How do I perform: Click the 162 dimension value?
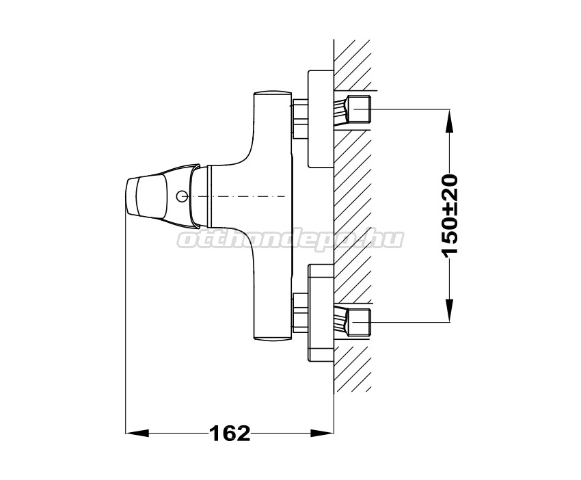pyautogui.click(x=230, y=433)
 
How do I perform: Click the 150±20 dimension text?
pyautogui.click(x=450, y=215)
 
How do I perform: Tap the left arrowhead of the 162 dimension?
pyautogui.click(x=137, y=433)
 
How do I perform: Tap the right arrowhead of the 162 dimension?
pyautogui.click(x=322, y=433)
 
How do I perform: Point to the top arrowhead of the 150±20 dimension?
pyautogui.click(x=449, y=120)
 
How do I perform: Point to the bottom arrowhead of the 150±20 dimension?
pyautogui.click(x=449, y=310)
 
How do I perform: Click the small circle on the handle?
pyautogui.click(x=181, y=196)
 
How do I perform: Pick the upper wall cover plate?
pyautogui.click(x=321, y=118)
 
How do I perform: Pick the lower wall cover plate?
pyautogui.click(x=321, y=312)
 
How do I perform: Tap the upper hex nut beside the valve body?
pyautogui.click(x=300, y=118)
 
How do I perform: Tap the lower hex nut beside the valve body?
pyautogui.click(x=300, y=312)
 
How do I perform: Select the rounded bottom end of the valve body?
pyautogui.click(x=272, y=336)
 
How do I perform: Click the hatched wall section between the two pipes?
pyautogui.click(x=353, y=215)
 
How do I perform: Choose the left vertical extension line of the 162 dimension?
pyautogui.click(x=126, y=323)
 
